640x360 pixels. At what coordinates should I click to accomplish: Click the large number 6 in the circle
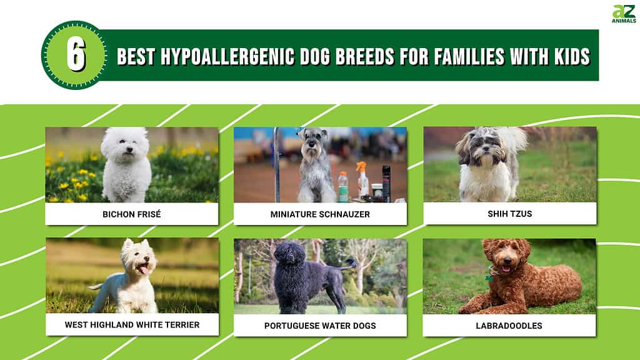tap(76, 55)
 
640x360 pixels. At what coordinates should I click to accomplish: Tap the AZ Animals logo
tap(624, 14)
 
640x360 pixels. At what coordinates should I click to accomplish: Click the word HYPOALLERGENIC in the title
tap(227, 56)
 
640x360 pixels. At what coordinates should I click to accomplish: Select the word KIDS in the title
tap(572, 56)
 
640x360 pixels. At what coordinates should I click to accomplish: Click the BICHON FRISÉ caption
tap(132, 214)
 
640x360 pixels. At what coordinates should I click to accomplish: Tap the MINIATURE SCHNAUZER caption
tap(320, 214)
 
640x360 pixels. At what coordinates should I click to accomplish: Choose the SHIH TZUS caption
tap(510, 214)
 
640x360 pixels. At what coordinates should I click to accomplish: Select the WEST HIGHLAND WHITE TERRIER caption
tap(132, 325)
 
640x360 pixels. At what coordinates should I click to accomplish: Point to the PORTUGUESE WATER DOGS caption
tap(320, 326)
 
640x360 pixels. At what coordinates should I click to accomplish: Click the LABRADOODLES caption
tap(509, 326)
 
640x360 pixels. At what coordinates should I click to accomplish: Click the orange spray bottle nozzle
tap(361, 166)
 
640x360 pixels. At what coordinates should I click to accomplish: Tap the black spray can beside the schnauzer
tap(386, 183)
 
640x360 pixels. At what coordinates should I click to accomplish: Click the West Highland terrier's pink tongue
tap(144, 269)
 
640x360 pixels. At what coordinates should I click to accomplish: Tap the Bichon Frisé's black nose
tap(129, 150)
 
